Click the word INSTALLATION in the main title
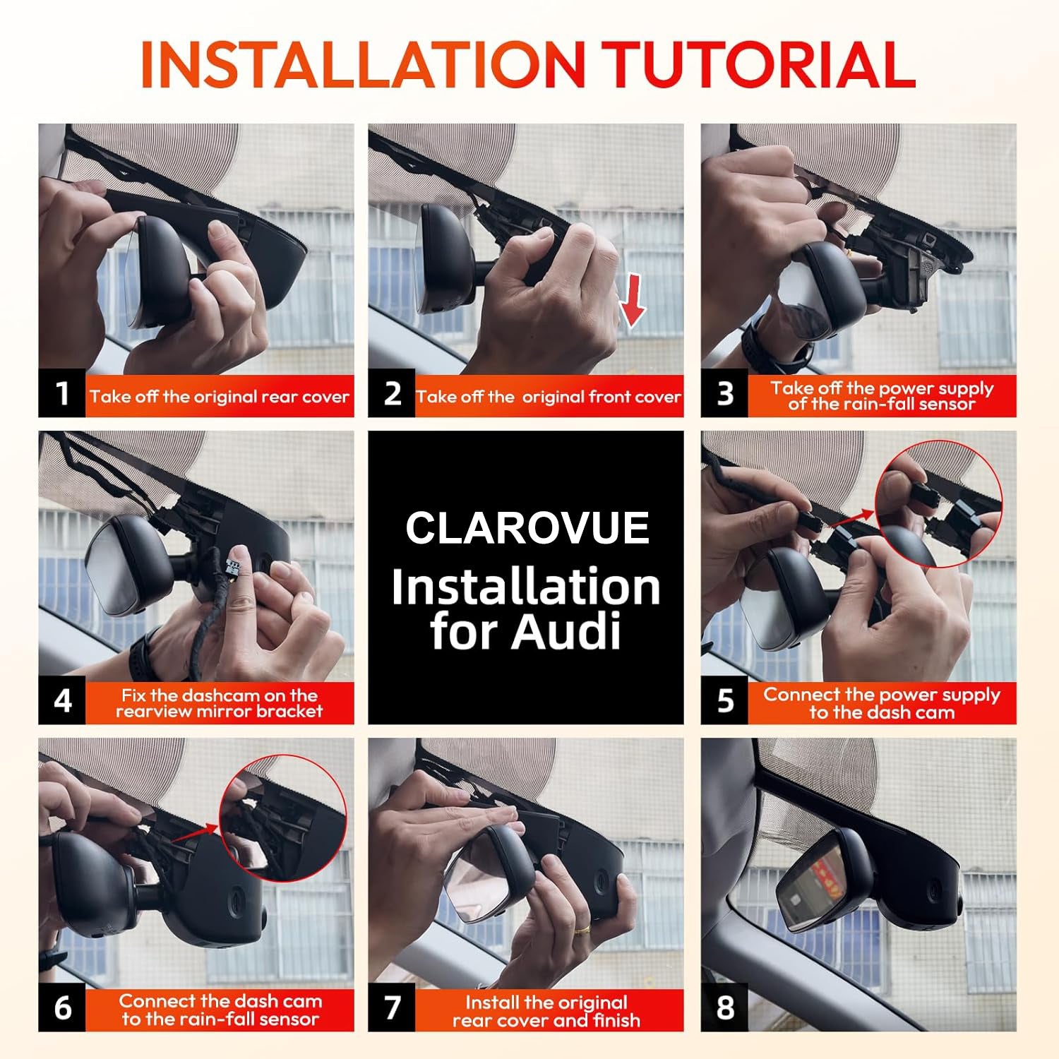(x=362, y=65)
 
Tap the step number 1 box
(x=62, y=393)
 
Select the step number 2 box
(x=392, y=393)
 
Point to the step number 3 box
(x=724, y=393)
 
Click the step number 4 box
(x=62, y=700)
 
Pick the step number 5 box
(x=724, y=700)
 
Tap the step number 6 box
(x=62, y=1007)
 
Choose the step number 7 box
(x=392, y=1007)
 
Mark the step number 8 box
(x=724, y=1007)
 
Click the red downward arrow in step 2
(x=633, y=300)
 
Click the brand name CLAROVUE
(x=527, y=528)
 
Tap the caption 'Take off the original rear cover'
(x=219, y=397)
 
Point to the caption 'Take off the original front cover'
(x=549, y=397)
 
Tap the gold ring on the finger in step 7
(x=582, y=929)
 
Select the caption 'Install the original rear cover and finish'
(x=546, y=1011)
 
